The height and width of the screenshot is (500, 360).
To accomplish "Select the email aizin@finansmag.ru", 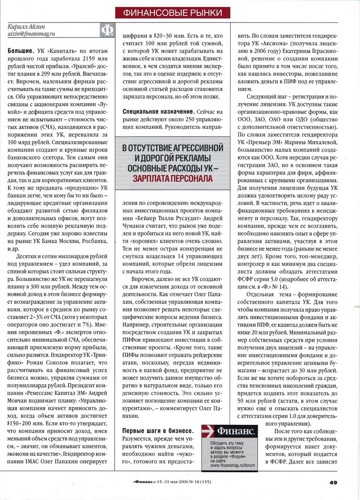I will pos(32,34).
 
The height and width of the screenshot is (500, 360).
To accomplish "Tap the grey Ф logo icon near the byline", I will pos(106,31).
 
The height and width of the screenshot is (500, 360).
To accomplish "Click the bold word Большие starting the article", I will pos(21,51).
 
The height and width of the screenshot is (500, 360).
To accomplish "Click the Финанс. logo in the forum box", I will pos(236,432).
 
